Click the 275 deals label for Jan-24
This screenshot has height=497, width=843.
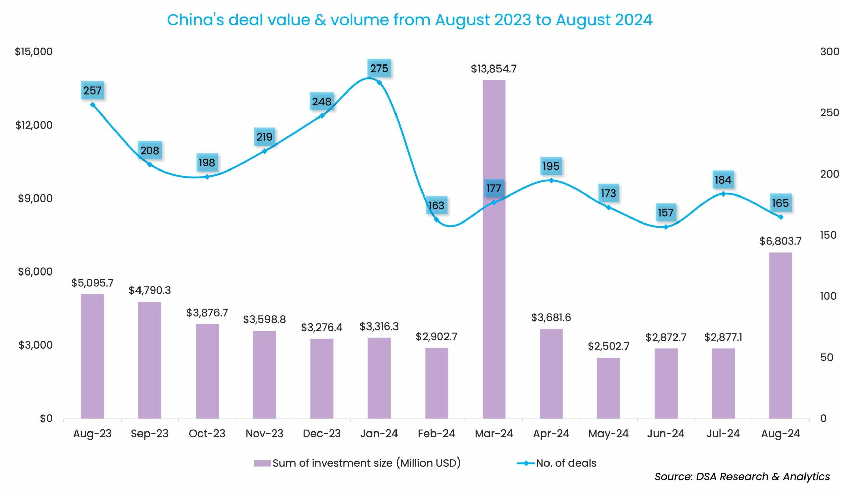pos(379,69)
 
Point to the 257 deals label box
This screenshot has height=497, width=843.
pos(93,90)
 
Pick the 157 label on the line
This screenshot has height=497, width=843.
pos(666,213)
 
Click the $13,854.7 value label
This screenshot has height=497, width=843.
pos(494,69)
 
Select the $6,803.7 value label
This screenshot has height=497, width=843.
pos(780,241)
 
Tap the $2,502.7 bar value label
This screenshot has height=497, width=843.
pos(608,346)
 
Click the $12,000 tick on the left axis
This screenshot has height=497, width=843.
pos(34,125)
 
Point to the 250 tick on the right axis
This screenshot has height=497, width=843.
pos(829,113)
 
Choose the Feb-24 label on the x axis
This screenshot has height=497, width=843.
pos(436,434)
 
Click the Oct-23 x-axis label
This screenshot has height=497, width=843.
pos(207,434)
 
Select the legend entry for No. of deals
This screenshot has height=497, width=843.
pos(566,463)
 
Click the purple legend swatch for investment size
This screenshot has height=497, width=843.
pos(262,463)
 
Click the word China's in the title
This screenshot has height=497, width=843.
pos(195,20)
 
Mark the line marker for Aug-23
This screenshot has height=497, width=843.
pos(93,105)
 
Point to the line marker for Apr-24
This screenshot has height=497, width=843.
pos(551,180)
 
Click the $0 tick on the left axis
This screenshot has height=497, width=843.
pos(46,419)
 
